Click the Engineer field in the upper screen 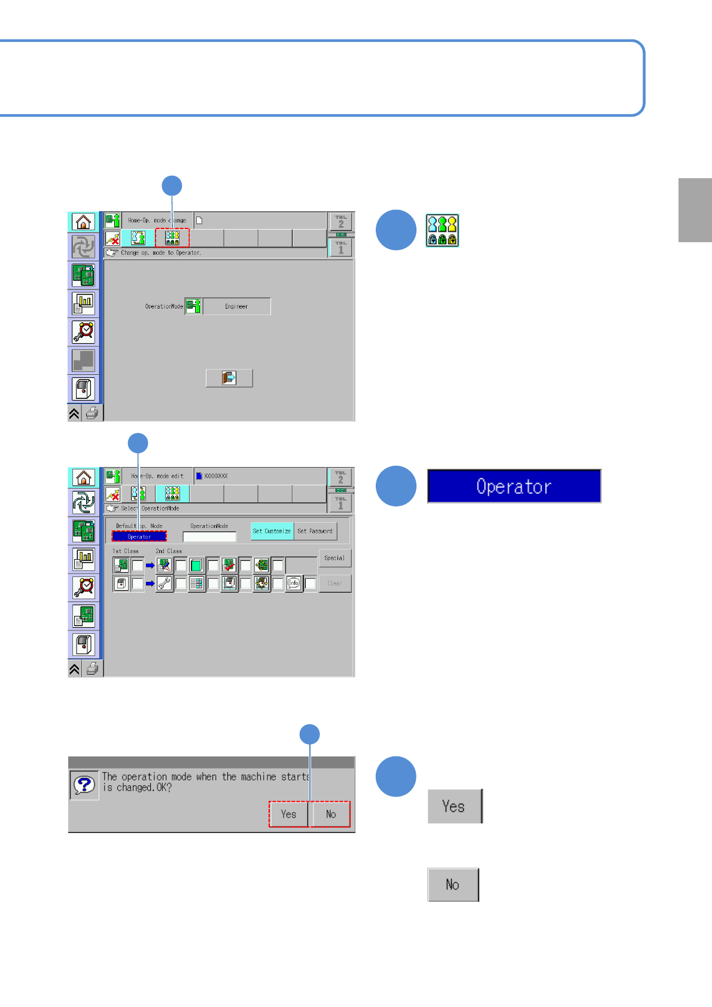pos(236,306)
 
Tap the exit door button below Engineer pos(229,378)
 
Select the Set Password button pos(315,531)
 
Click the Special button pos(334,558)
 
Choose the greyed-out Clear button pos(334,583)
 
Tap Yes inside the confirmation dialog pos(288,814)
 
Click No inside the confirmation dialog pos(331,814)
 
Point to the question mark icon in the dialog pos(84,785)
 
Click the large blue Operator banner pos(513,486)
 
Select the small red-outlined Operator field pos(139,536)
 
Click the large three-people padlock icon pos(442,231)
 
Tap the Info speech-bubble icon pos(294,583)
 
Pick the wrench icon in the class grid pos(165,583)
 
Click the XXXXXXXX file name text pos(216,476)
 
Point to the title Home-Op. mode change pos(157,220)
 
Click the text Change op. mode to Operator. pos(160,253)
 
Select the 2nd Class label pos(169,551)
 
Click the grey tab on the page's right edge pos(695,210)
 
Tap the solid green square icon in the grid pos(196,565)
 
